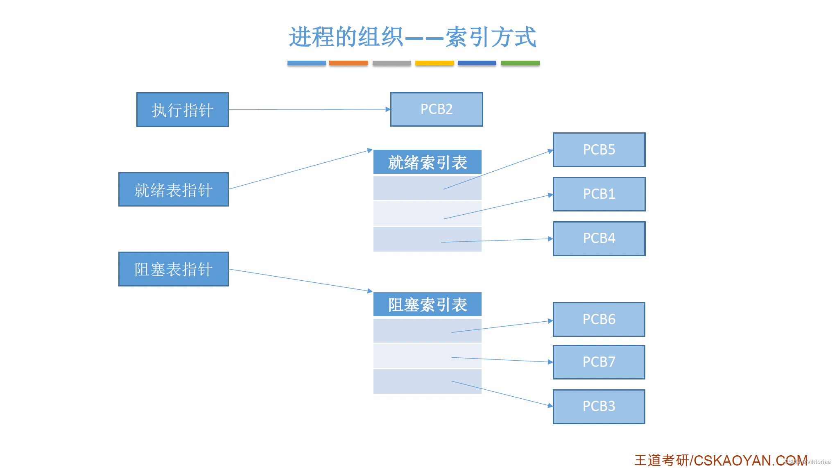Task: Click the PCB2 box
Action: pyautogui.click(x=437, y=109)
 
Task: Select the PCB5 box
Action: pyautogui.click(x=599, y=150)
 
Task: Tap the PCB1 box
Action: pyautogui.click(x=599, y=194)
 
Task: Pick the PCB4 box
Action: pyautogui.click(x=599, y=238)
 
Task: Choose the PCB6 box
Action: pyautogui.click(x=599, y=319)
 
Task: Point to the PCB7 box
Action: pyautogui.click(x=599, y=362)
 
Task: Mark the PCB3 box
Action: pyautogui.click(x=599, y=406)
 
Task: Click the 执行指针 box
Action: pyautogui.click(x=182, y=110)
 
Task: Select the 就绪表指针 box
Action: pyautogui.click(x=173, y=189)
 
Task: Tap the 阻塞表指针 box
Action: pyautogui.click(x=173, y=269)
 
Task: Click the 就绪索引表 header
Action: pyautogui.click(x=427, y=162)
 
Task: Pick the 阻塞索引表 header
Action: pyautogui.click(x=427, y=304)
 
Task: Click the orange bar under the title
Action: pyautogui.click(x=348, y=63)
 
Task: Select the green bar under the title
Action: pyautogui.click(x=520, y=63)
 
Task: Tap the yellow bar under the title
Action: pyautogui.click(x=434, y=63)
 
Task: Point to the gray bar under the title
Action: pyautogui.click(x=391, y=63)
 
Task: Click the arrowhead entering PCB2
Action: pyautogui.click(x=388, y=109)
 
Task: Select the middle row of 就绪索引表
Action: pyautogui.click(x=427, y=214)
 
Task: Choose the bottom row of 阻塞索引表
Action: pyautogui.click(x=427, y=382)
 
